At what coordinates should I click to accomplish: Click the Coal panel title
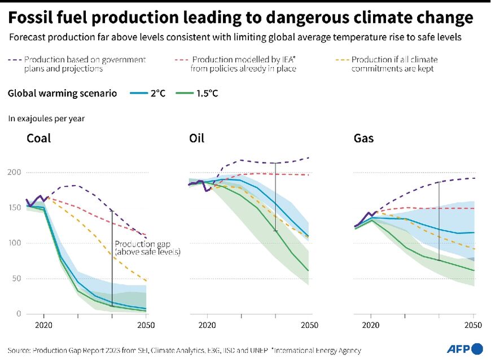[38, 138]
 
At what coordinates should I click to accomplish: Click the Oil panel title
[197, 138]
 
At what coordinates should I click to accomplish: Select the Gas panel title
[363, 138]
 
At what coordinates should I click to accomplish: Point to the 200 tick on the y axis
[14, 172]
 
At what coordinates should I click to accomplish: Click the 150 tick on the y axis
[14, 208]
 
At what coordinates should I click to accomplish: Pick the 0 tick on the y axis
[19, 314]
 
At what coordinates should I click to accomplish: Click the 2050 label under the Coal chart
[146, 326]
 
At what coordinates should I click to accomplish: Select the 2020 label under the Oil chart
[207, 326]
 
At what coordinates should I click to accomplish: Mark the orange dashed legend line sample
[342, 60]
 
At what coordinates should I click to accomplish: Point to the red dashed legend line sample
[182, 60]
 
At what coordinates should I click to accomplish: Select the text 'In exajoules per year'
[46, 118]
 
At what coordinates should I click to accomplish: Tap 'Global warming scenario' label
[62, 94]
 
